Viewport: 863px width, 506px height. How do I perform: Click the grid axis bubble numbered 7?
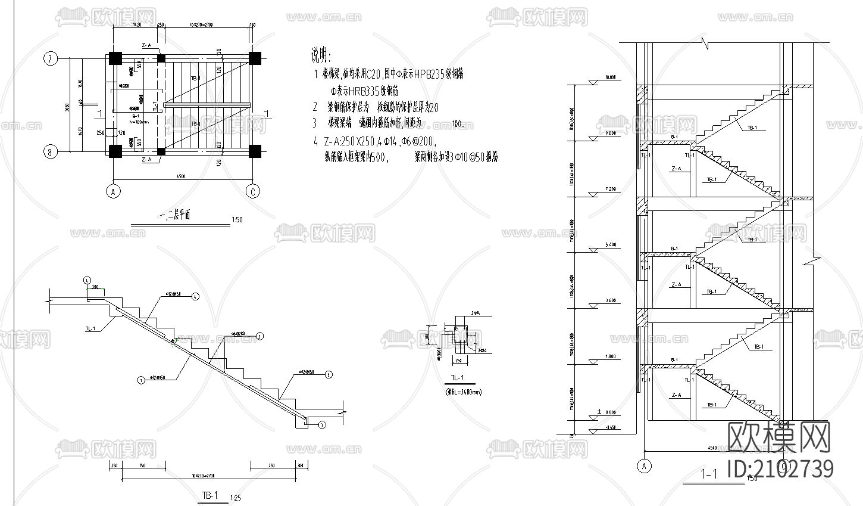[x=51, y=58]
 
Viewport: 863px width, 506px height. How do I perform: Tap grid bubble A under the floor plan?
[x=111, y=191]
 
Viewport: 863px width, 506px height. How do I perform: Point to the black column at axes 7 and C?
[x=255, y=58]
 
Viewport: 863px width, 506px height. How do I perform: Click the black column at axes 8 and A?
[x=114, y=151]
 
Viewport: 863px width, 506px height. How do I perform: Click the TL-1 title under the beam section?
[x=457, y=378]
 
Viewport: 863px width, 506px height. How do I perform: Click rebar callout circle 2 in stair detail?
[x=260, y=337]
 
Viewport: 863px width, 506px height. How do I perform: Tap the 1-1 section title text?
[x=710, y=475]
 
